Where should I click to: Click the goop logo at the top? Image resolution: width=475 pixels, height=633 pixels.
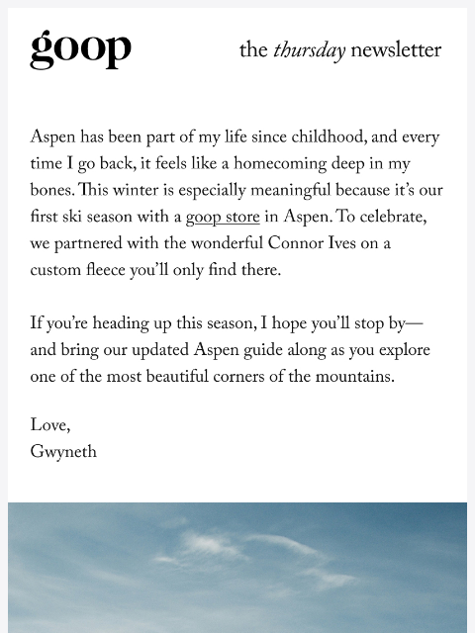[x=80, y=48]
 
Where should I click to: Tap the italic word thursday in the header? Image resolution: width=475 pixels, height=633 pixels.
[x=309, y=50]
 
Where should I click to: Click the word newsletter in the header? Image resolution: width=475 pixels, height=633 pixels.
[x=396, y=50]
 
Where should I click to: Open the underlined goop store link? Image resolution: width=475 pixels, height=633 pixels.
[x=223, y=218]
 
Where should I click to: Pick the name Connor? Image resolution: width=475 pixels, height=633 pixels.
[x=298, y=244]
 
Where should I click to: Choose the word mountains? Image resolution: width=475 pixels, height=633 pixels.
[x=349, y=378]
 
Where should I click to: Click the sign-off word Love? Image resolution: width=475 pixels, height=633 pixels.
[x=49, y=426]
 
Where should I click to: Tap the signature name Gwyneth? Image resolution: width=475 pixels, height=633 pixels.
[x=63, y=453]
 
